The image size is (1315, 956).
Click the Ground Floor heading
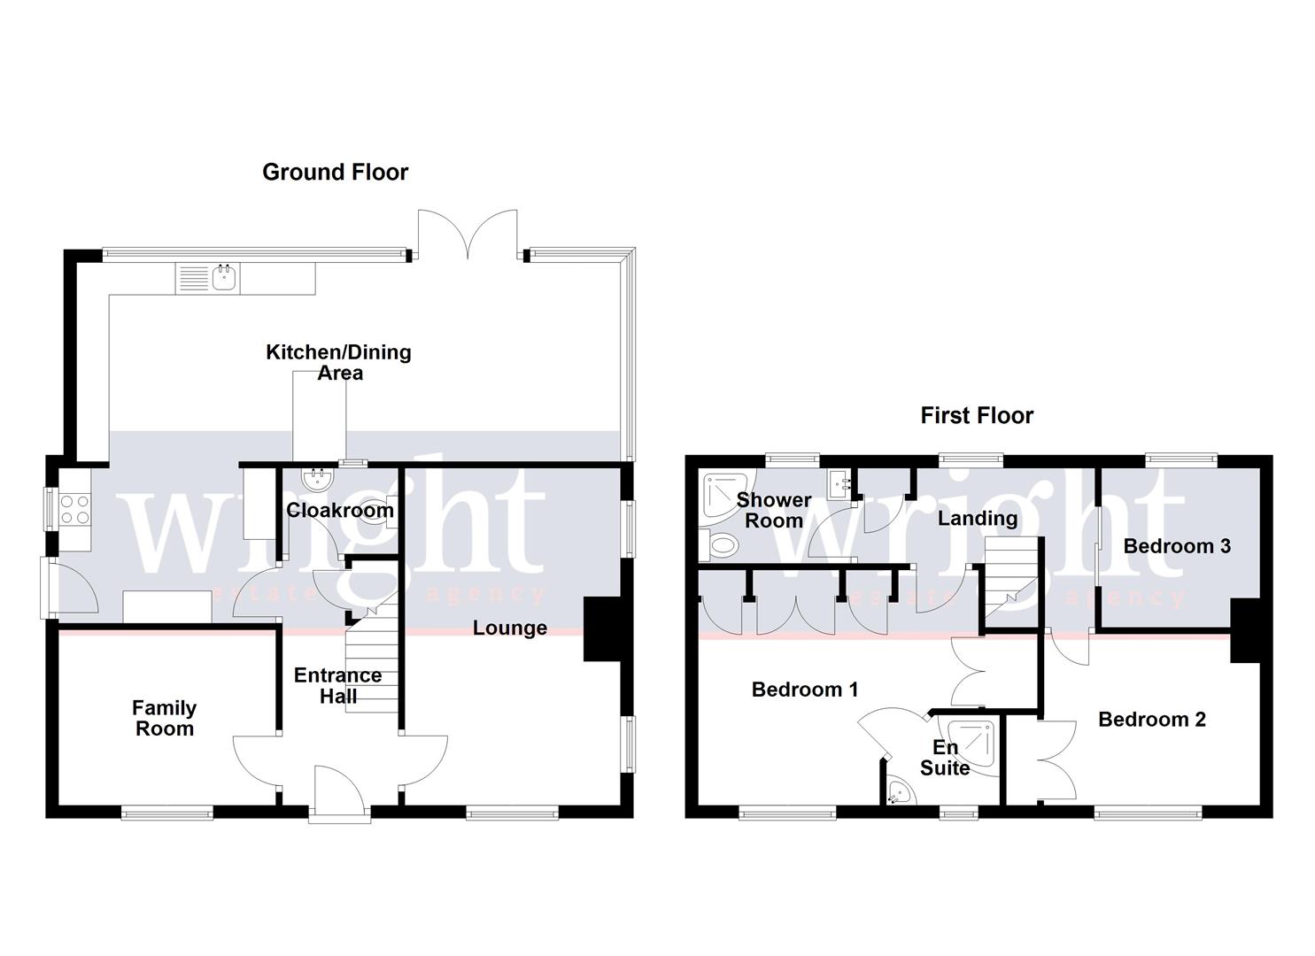(335, 172)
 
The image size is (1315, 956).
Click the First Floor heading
(977, 415)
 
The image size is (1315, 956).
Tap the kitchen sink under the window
(224, 279)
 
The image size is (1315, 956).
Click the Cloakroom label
(340, 510)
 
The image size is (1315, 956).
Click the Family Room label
(164, 718)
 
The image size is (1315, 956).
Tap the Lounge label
(509, 628)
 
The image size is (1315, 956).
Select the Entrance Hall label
(337, 685)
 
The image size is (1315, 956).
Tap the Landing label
(977, 519)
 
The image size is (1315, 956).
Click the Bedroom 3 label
(1176, 546)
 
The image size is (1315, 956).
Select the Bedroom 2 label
(1151, 720)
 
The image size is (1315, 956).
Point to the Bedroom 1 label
(804, 690)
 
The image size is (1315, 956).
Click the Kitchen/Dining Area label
(339, 362)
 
